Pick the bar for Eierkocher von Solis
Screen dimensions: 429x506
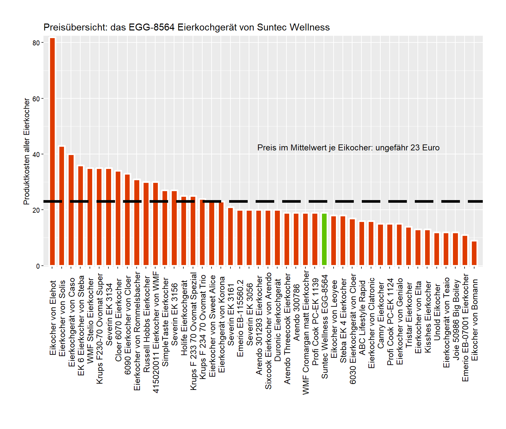pyautogui.click(x=62, y=206)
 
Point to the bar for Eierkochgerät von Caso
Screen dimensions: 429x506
pyautogui.click(x=71, y=210)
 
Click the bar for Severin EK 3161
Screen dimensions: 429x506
pyautogui.click(x=230, y=237)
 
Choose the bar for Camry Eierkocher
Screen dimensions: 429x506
pyautogui.click(x=380, y=245)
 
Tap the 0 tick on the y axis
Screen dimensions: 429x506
pyautogui.click(x=38, y=266)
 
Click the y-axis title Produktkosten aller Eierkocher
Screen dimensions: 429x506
pyautogui.click(x=27, y=151)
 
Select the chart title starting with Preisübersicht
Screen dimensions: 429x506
pyautogui.click(x=186, y=27)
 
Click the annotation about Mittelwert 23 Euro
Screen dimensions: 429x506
pyautogui.click(x=348, y=148)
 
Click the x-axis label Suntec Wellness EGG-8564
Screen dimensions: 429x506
pyautogui.click(x=325, y=327)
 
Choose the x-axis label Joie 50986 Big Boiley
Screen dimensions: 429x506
pyautogui.click(x=456, y=319)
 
